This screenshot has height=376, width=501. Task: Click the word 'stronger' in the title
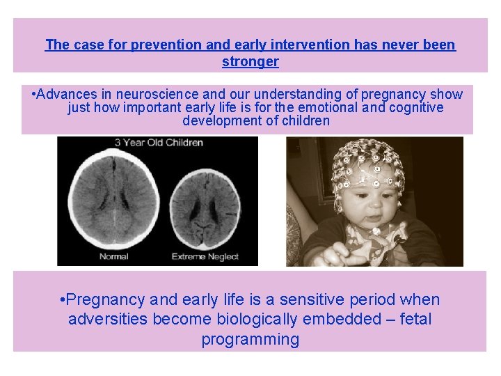(250, 61)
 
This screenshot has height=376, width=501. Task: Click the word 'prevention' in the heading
(167, 45)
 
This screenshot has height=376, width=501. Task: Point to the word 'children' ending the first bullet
(304, 120)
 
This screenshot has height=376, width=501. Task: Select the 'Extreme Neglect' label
(205, 256)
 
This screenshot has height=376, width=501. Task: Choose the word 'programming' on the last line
(250, 340)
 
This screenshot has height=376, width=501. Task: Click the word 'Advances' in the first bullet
(66, 94)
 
